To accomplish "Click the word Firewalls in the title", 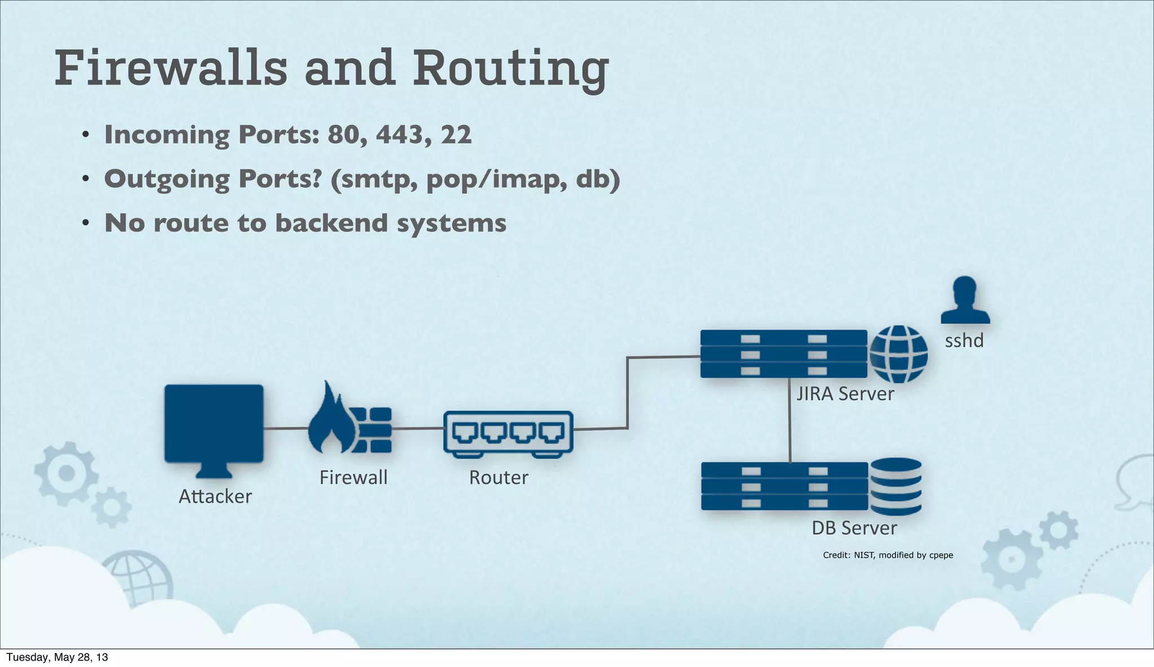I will pyautogui.click(x=171, y=69).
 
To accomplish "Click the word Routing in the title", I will pyautogui.click(x=510, y=69).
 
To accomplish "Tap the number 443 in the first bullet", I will pyautogui.click(x=400, y=135).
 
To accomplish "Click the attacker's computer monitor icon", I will pyautogui.click(x=214, y=424).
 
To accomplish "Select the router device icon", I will pyautogui.click(x=508, y=433).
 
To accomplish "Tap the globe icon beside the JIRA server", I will pyautogui.click(x=898, y=354).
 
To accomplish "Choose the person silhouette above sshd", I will pyautogui.click(x=965, y=300).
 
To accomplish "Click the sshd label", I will pyautogui.click(x=964, y=341).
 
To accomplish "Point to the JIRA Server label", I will pyautogui.click(x=845, y=394).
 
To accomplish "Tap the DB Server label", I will pyautogui.click(x=854, y=528).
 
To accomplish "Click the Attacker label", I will pyautogui.click(x=215, y=497).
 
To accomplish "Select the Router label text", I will pyautogui.click(x=498, y=478).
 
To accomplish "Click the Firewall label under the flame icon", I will pyautogui.click(x=353, y=478).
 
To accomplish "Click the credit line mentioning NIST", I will pyautogui.click(x=887, y=555).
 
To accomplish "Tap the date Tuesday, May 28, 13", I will pyautogui.click(x=57, y=657).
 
